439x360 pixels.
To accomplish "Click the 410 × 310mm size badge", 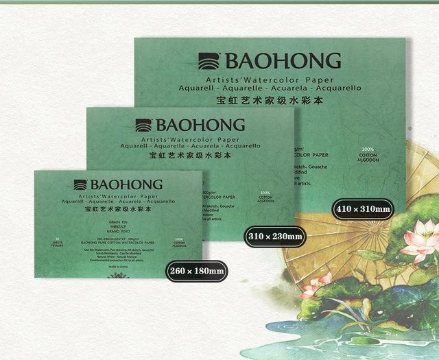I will [363, 208].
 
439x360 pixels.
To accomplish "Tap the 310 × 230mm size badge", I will [275, 237].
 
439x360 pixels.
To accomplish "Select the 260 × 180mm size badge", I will [196, 271].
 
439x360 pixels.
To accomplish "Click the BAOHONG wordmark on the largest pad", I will [281, 61].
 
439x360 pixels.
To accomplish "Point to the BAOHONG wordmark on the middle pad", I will [200, 125].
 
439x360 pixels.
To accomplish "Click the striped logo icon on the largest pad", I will [209, 61].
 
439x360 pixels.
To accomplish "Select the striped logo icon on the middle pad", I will [143, 125].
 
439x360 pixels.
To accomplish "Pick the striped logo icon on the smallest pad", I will [80, 184].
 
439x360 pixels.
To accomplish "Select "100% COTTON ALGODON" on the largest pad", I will [368, 154].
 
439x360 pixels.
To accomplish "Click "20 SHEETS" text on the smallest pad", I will [58, 241].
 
